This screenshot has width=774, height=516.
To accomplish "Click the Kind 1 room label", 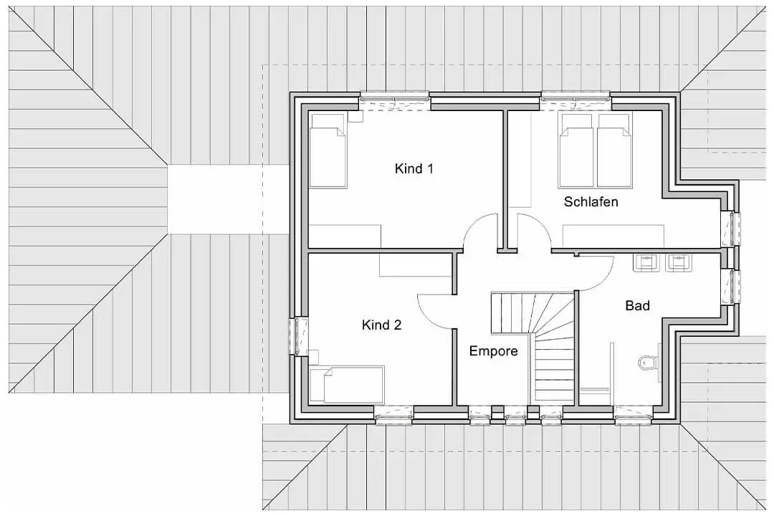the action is (414, 169).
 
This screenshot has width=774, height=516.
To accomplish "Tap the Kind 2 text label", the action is (381, 325).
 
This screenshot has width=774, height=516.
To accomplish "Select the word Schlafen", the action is (591, 201).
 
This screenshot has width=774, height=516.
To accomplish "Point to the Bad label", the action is (637, 305).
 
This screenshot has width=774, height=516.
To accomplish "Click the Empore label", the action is (494, 351).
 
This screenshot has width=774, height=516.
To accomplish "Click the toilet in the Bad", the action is (648, 363).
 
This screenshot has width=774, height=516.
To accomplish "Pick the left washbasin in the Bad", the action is (646, 262).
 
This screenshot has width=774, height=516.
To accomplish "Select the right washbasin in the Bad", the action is (678, 262).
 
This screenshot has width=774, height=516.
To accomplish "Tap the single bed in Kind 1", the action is (328, 151).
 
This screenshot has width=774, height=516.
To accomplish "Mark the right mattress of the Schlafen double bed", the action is (615, 150).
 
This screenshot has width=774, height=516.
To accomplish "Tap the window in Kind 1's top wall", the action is (394, 98).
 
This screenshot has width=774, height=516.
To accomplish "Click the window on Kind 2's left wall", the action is (297, 336).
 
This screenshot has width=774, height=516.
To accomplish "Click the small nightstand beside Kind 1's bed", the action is (355, 117).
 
